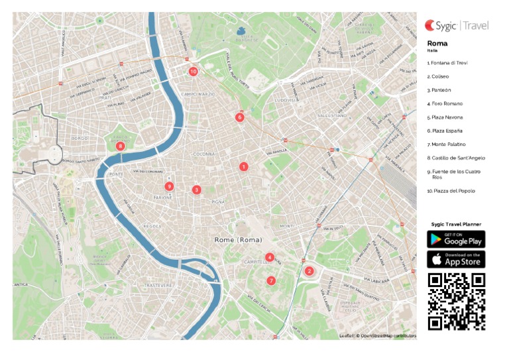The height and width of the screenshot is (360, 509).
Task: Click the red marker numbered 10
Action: tap(193, 71)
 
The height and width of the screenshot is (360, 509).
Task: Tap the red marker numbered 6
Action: tap(239, 117)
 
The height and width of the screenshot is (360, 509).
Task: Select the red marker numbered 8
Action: tap(120, 146)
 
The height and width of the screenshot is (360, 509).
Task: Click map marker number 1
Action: tap(243, 166)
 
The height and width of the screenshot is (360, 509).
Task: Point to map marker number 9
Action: tap(169, 186)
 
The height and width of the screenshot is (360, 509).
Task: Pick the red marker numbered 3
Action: tap(196, 190)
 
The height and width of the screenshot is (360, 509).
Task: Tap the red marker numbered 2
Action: tap(308, 270)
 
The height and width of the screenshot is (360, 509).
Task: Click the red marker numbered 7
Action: tap(271, 280)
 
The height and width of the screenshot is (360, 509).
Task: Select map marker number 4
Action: tap(269, 257)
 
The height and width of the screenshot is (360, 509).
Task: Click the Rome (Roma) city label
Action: tap(238, 239)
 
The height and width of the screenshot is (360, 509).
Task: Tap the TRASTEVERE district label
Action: tap(158, 285)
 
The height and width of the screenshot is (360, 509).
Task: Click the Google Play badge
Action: tap(456, 239)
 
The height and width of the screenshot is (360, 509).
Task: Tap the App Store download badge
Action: tap(456, 259)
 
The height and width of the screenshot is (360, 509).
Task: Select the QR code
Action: tap(456, 301)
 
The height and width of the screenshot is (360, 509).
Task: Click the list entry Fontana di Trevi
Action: tap(448, 63)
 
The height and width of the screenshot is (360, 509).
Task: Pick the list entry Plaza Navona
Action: tap(445, 117)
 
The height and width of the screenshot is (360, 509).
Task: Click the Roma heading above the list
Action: tap(437, 43)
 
